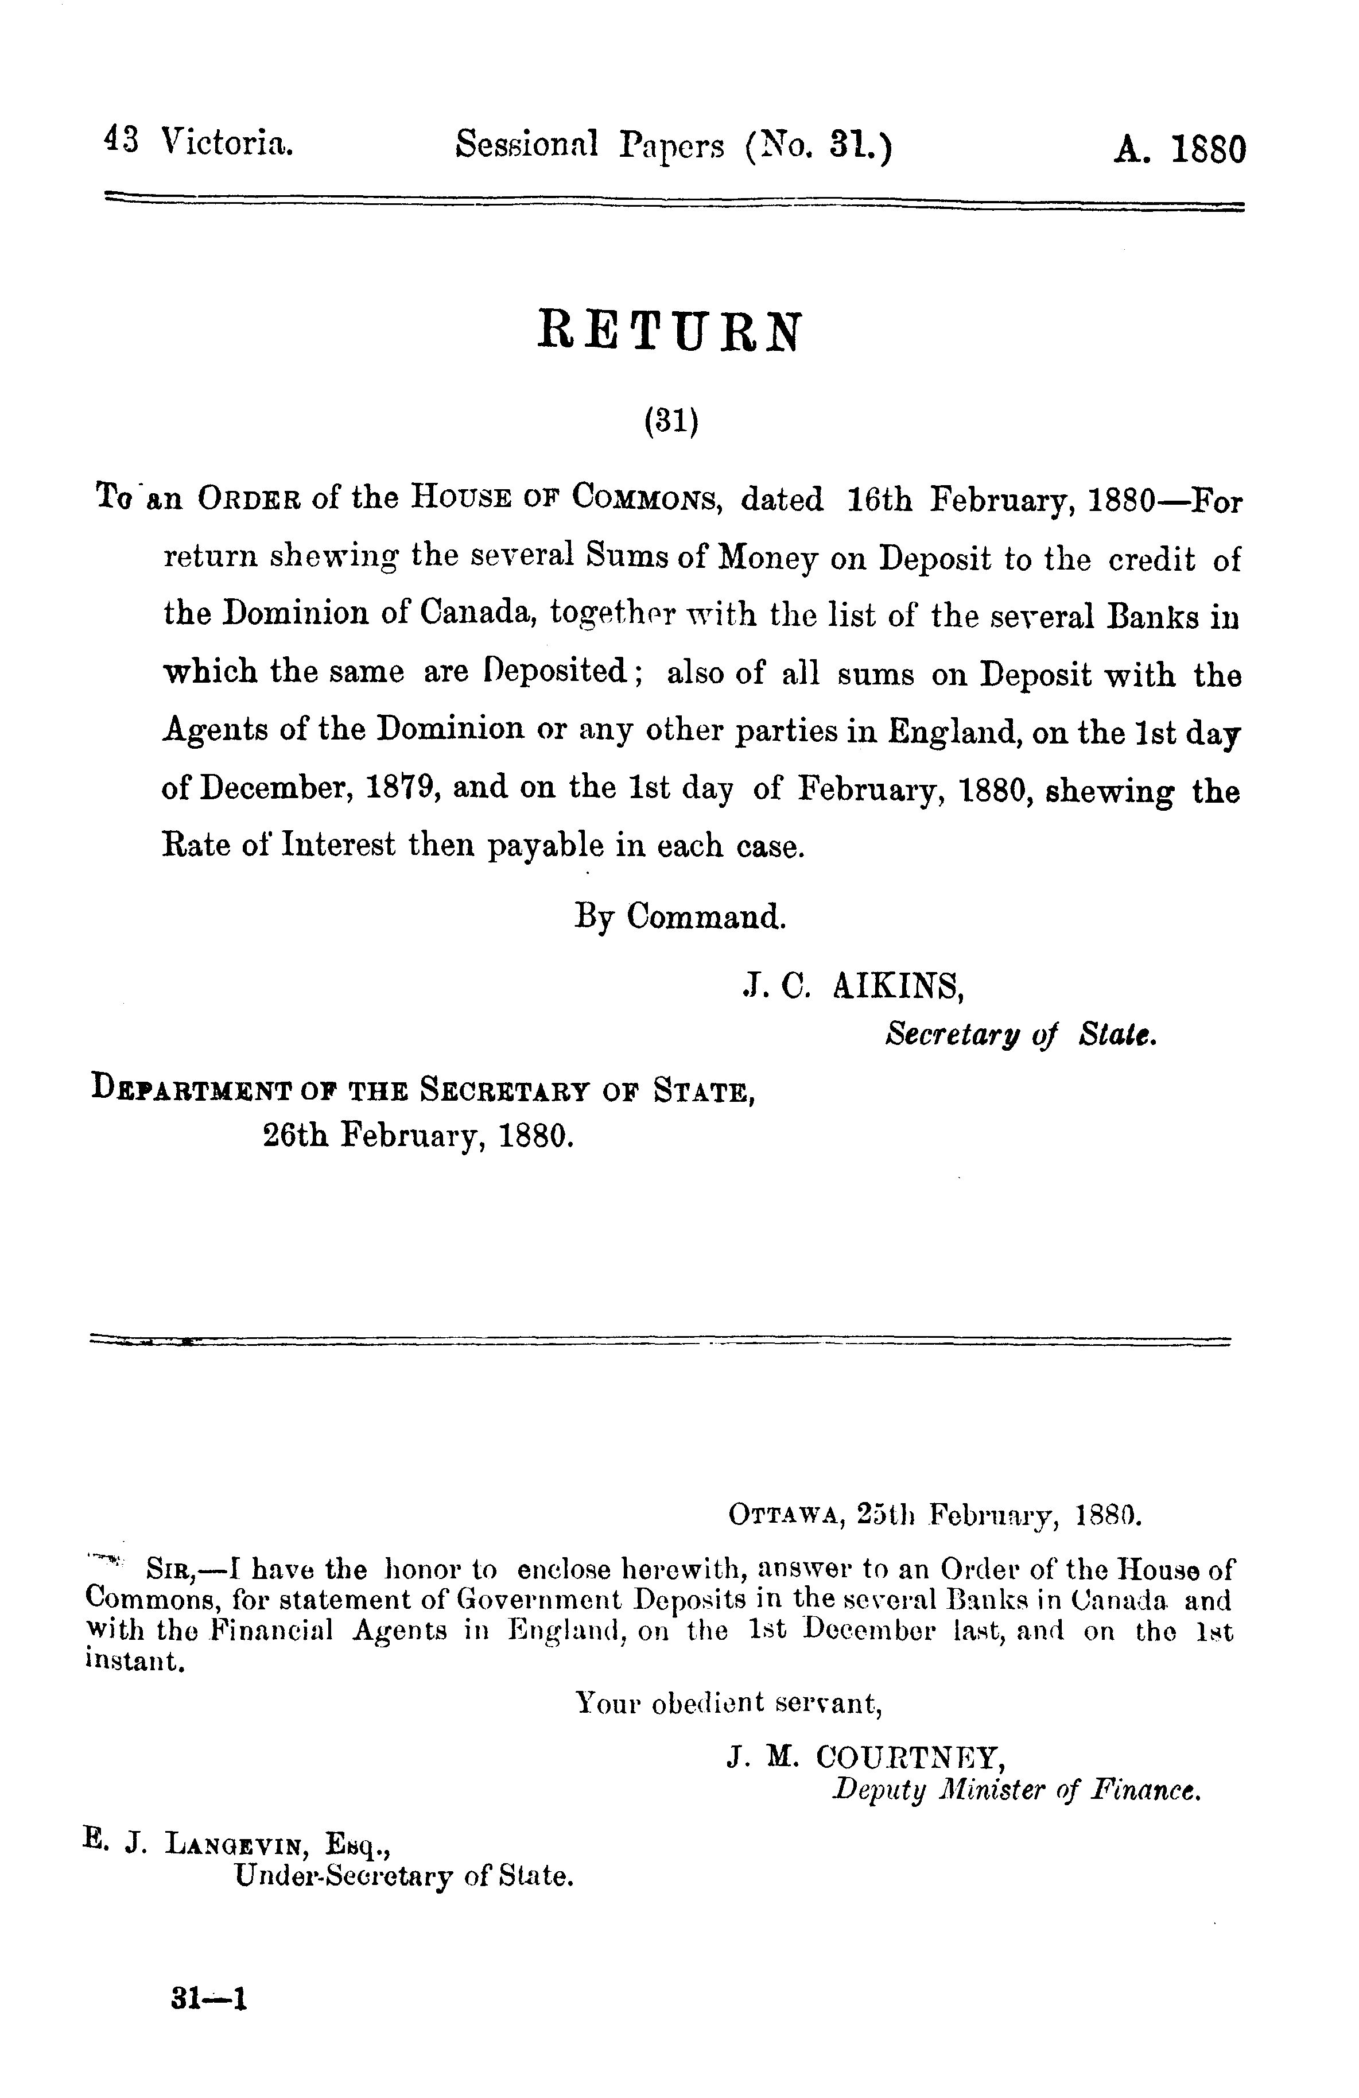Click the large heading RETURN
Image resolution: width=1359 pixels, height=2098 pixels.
click(670, 331)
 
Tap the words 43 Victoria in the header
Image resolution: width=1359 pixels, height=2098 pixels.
click(199, 143)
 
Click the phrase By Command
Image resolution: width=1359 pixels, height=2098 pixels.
click(679, 917)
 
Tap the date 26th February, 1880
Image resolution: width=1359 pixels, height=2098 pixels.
click(418, 1135)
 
